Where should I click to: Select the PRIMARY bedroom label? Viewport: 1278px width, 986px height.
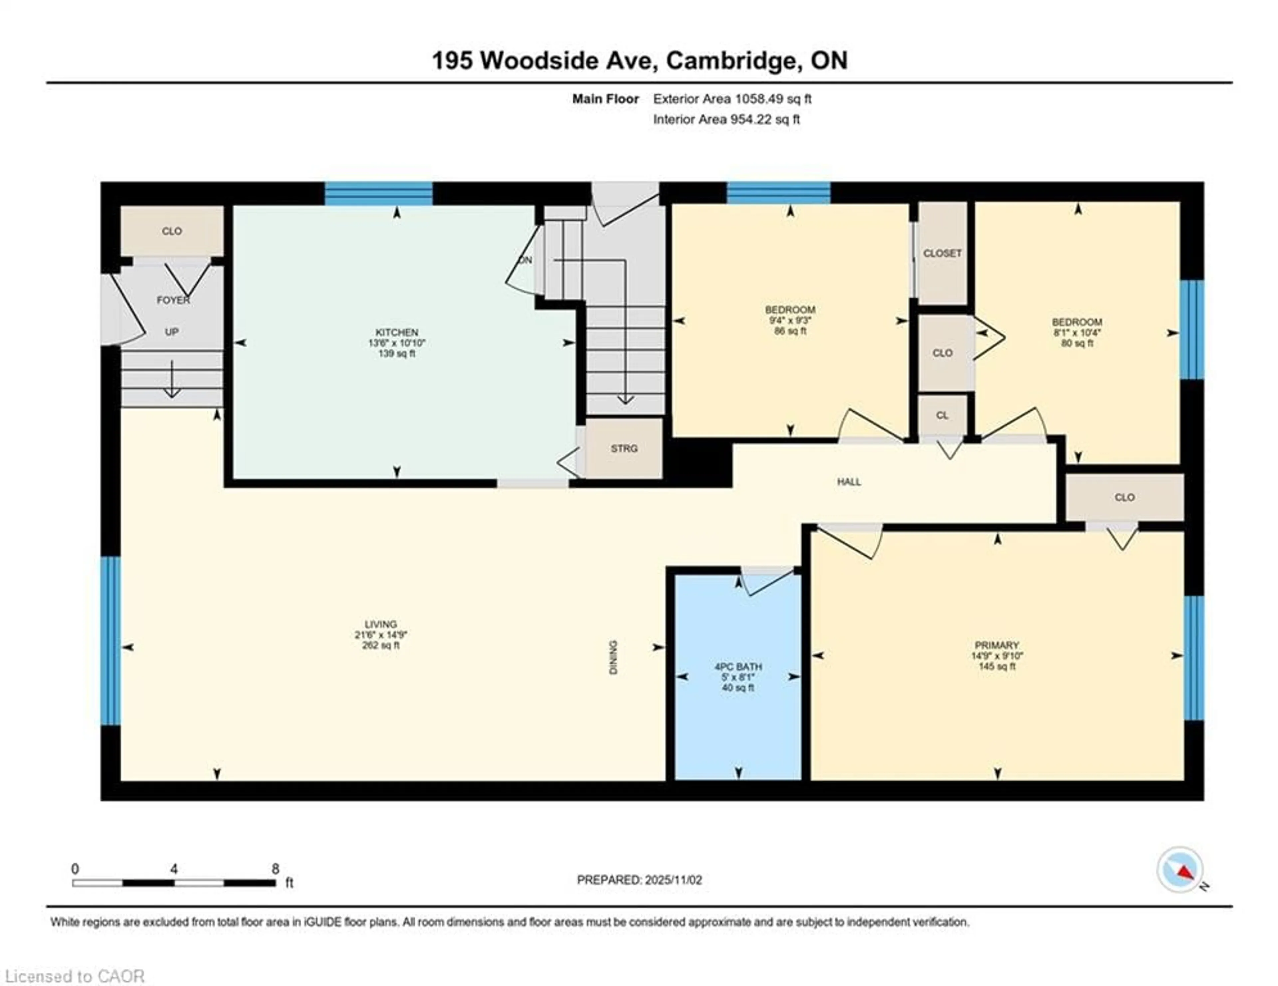996,645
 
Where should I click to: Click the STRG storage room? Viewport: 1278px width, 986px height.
624,448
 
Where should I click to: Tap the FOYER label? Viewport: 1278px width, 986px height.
173,300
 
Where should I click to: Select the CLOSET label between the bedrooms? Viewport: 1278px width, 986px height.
942,253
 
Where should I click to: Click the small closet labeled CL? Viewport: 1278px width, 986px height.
942,415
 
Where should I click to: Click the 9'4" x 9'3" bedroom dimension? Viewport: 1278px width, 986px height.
790,320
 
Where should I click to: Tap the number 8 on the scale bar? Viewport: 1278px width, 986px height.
275,869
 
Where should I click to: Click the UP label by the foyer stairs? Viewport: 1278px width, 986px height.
171,332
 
